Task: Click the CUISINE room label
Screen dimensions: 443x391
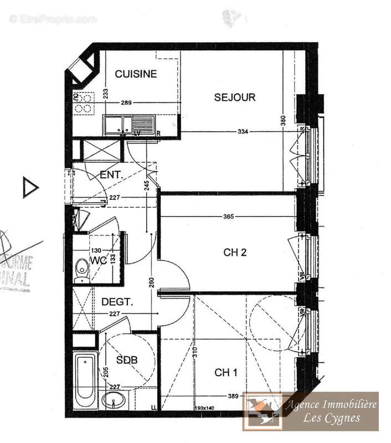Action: (x=136, y=74)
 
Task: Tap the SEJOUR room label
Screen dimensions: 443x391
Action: (x=235, y=97)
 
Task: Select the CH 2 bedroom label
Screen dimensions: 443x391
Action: (x=235, y=253)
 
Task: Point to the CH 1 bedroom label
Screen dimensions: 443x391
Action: (x=226, y=373)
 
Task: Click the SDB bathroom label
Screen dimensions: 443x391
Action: (x=127, y=360)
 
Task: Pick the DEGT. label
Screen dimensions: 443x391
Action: (x=117, y=302)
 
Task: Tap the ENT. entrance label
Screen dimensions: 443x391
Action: (x=111, y=175)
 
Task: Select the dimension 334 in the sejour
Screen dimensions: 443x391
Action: (x=241, y=132)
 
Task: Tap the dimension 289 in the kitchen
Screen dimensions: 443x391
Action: (x=127, y=104)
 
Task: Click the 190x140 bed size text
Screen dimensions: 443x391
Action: (x=204, y=408)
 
